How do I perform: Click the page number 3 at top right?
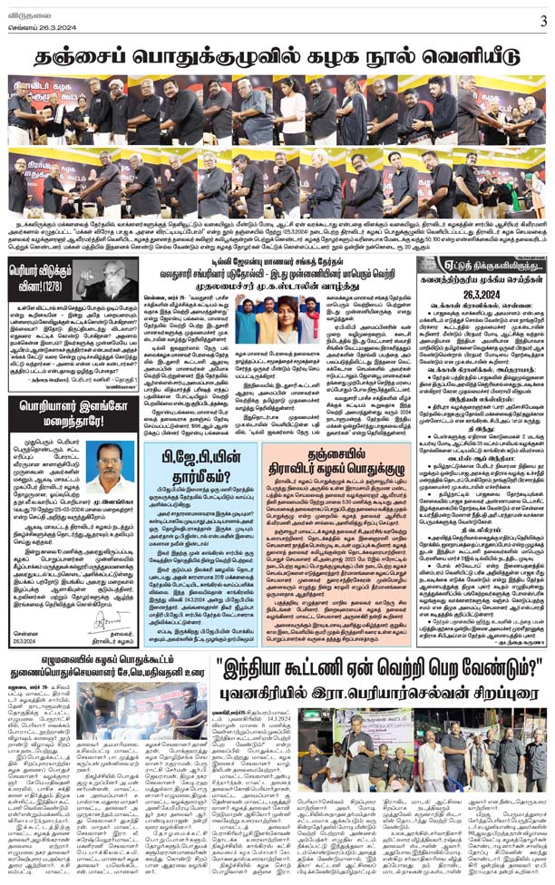542,21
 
